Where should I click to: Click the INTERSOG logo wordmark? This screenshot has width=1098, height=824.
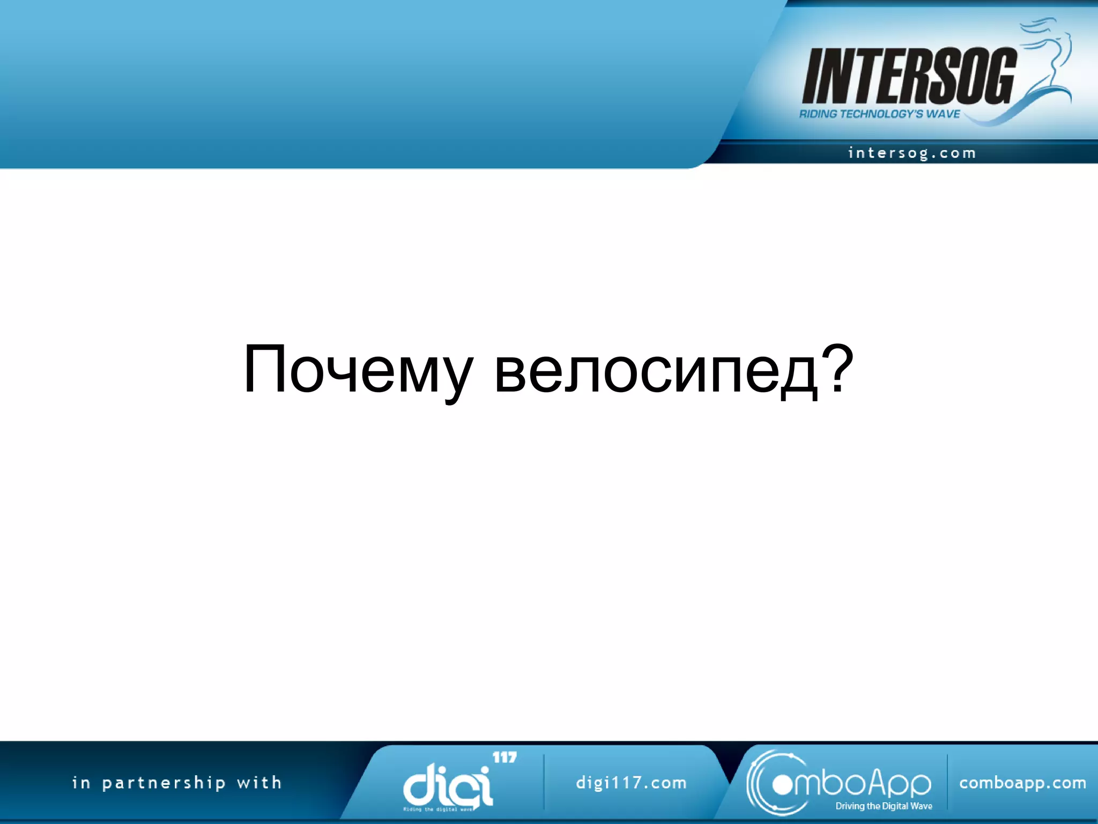909,76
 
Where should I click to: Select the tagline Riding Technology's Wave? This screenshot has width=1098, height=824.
879,114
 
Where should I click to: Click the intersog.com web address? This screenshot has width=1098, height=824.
911,153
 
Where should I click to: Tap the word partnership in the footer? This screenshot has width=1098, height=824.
164,783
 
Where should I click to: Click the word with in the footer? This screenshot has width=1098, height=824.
259,783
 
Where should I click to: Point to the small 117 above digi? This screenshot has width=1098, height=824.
505,757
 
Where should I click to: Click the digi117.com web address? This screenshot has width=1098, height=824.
631,783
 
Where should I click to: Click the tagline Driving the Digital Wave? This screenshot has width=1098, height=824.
884,806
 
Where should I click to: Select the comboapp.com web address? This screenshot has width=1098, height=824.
1022,783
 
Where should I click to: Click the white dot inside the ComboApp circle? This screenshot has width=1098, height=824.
782,785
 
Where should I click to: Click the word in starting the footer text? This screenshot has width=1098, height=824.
81,783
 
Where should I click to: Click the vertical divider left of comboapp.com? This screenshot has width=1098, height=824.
947,782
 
